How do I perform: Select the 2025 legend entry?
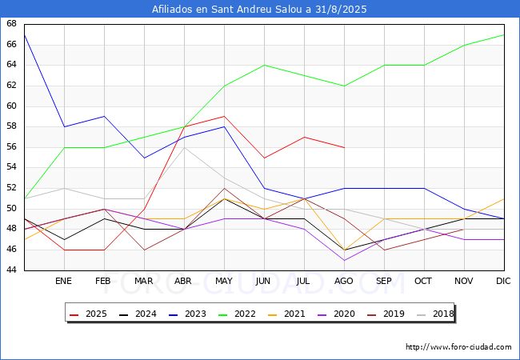click(89, 314)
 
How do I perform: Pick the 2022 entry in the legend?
click(238, 314)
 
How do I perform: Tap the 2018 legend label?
click(436, 314)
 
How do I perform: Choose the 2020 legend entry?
click(337, 314)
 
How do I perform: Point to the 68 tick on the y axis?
click(11, 23)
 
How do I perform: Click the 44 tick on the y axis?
click(11, 270)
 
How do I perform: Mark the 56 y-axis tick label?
click(11, 147)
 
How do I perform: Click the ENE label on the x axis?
click(63, 281)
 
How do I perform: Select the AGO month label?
click(343, 281)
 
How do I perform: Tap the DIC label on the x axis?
click(503, 281)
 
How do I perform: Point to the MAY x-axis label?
click(224, 281)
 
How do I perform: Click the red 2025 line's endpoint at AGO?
click(345, 147)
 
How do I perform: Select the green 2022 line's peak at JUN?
click(264, 66)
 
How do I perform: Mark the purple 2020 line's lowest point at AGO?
click(345, 260)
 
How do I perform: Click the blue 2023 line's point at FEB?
click(105, 116)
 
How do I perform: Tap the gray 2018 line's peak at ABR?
click(184, 147)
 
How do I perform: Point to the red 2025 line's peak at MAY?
click(225, 116)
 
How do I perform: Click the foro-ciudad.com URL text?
click(458, 347)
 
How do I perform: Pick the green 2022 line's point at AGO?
click(345, 86)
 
